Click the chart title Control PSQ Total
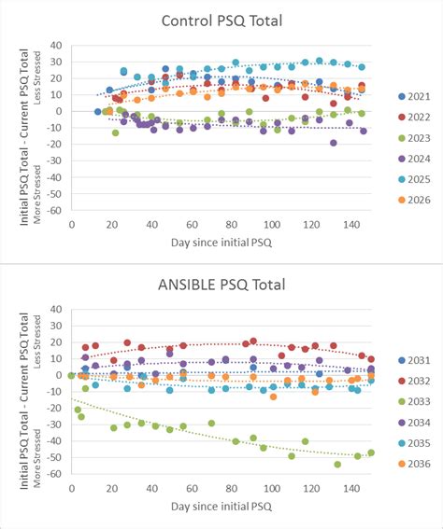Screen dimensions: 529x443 [x=221, y=21]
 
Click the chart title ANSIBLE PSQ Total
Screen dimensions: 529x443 [x=221, y=285]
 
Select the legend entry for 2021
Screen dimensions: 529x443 [x=413, y=95]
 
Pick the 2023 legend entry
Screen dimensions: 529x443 [x=413, y=137]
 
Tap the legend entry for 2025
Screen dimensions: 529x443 [x=413, y=178]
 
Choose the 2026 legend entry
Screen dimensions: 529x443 [x=413, y=199]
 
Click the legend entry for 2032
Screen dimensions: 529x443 [x=413, y=381]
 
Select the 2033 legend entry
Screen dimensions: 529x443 [x=413, y=401]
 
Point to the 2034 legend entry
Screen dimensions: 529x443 [x=413, y=422]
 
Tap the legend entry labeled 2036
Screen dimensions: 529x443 [x=413, y=464]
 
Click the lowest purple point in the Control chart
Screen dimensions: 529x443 [x=333, y=143]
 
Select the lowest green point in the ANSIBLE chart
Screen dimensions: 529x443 [x=337, y=464]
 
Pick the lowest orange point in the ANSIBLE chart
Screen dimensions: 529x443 [x=273, y=397]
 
